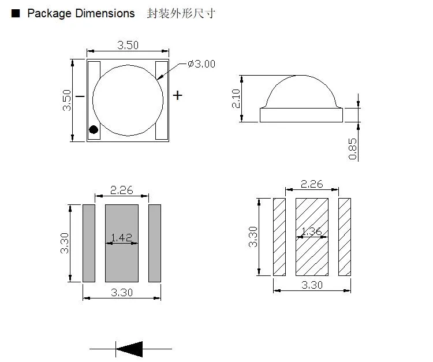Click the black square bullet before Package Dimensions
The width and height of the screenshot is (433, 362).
click(x=16, y=13)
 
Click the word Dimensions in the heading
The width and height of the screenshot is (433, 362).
click(x=105, y=13)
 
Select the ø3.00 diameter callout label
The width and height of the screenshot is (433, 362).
click(x=201, y=64)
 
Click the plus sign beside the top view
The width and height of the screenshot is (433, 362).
click(x=178, y=95)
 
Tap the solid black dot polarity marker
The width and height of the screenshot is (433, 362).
click(x=93, y=130)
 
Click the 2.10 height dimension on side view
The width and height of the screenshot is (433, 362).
click(x=236, y=99)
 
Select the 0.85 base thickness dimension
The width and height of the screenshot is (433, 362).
click(x=353, y=148)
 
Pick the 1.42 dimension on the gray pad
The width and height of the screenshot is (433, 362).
click(x=121, y=237)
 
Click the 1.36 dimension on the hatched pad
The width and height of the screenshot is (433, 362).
click(x=312, y=232)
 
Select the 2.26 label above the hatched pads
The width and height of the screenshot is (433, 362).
click(x=312, y=184)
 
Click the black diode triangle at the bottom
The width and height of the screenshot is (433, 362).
click(x=130, y=349)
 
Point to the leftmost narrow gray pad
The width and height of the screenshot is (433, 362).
click(x=88, y=243)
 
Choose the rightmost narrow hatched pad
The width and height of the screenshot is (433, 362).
click(x=345, y=237)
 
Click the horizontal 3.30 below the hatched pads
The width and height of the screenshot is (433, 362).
click(x=312, y=285)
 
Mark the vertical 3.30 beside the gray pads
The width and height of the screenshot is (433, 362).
click(x=65, y=242)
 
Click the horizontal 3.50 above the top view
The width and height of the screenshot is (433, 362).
click(x=128, y=46)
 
